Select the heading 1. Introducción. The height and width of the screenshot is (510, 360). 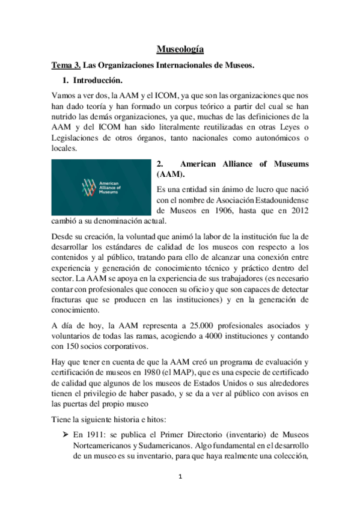pyautogui.click(x=96, y=80)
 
